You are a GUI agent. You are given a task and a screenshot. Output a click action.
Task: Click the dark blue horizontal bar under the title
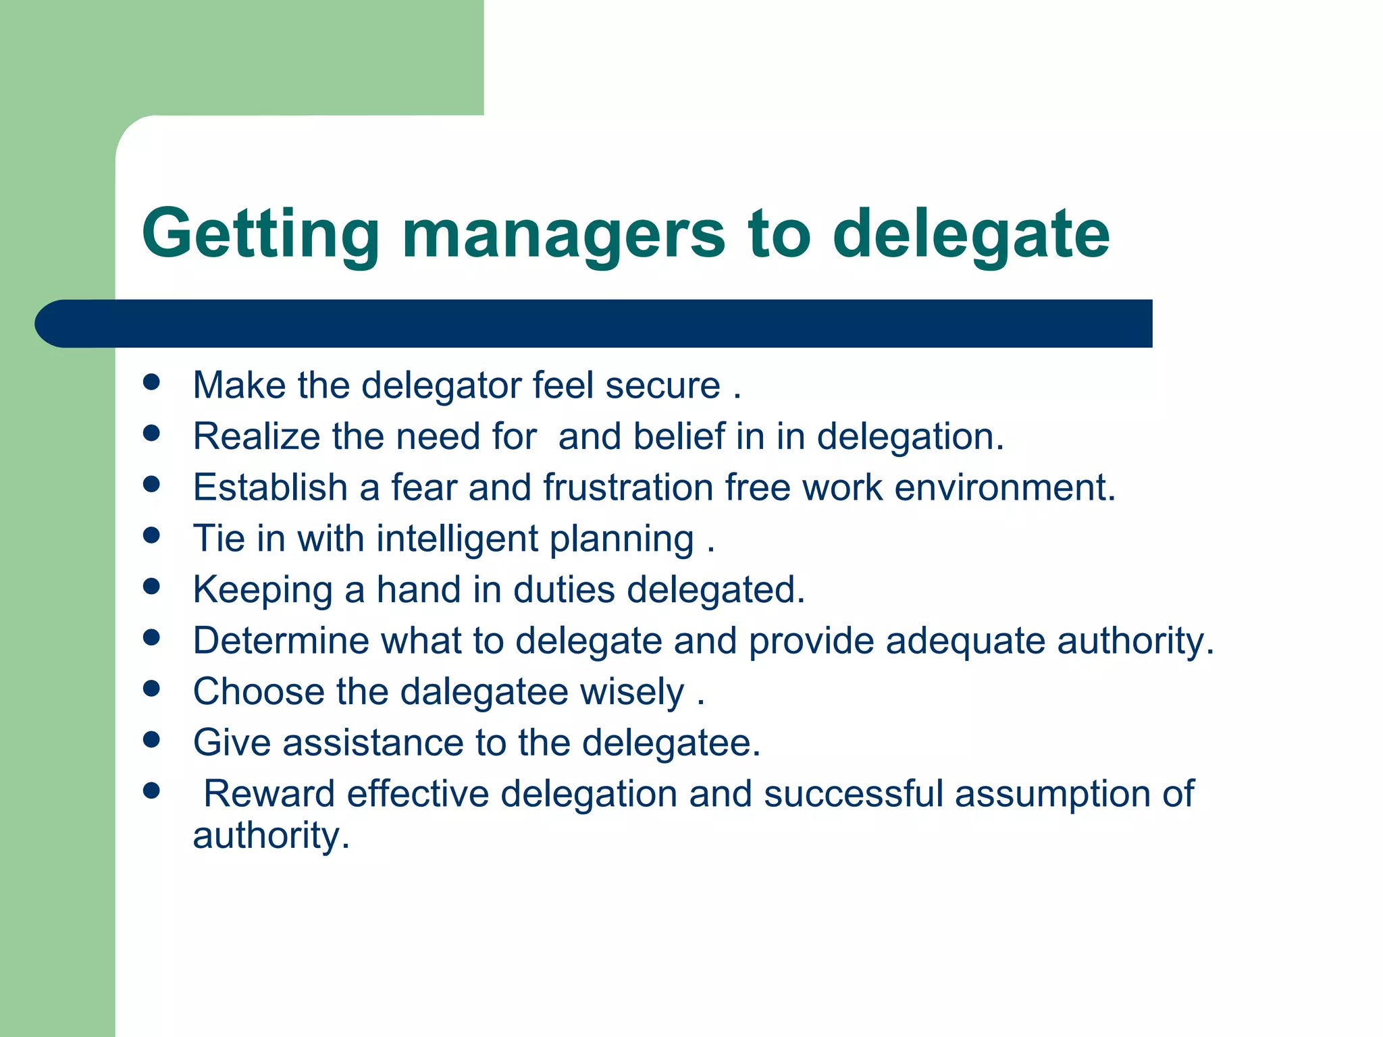pyautogui.click(x=594, y=323)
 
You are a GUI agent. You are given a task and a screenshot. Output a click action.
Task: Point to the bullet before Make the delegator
pyautogui.click(x=152, y=381)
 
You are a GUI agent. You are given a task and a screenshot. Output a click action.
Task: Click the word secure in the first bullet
pyautogui.click(x=662, y=385)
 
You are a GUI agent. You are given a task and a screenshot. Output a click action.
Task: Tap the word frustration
pyautogui.click(x=628, y=487)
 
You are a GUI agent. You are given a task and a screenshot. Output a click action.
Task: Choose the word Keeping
pyautogui.click(x=263, y=590)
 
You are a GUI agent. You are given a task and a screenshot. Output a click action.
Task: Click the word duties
pyautogui.click(x=564, y=589)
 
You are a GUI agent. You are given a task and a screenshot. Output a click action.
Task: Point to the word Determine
pyautogui.click(x=281, y=641)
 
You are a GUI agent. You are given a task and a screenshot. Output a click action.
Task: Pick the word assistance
pyautogui.click(x=373, y=743)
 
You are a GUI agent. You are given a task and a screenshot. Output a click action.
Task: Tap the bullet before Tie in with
pyautogui.click(x=152, y=535)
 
